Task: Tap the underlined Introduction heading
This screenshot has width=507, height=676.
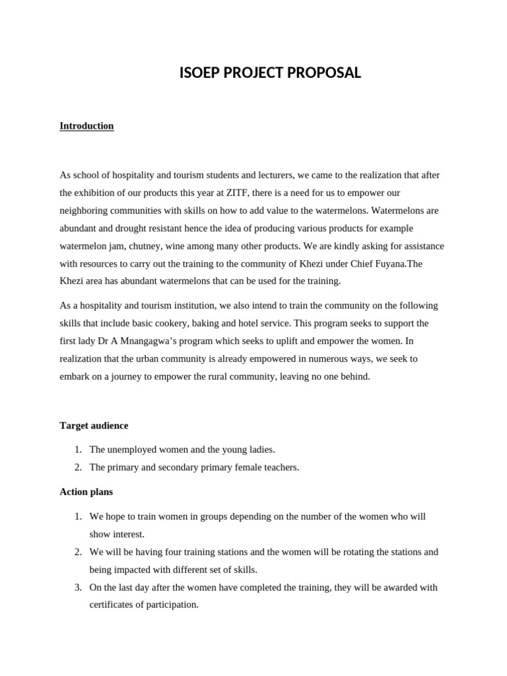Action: [86, 125]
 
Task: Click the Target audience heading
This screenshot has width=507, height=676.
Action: [94, 426]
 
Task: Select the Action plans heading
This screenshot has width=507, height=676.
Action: [86, 492]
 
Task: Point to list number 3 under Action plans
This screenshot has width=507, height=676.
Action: [77, 588]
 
